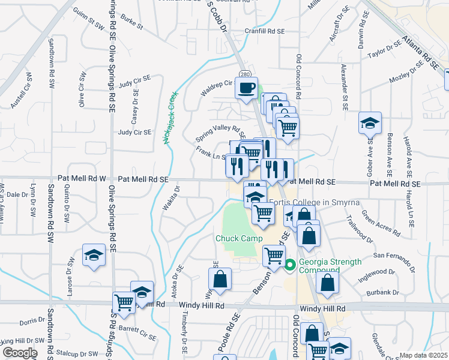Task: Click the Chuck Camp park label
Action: [239, 238]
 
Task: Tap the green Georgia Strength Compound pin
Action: [290, 263]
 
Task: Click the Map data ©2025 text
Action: [423, 355]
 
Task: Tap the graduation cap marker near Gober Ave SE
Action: [370, 124]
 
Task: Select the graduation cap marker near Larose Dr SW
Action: [93, 255]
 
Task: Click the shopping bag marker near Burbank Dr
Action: [327, 283]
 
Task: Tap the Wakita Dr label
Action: [171, 198]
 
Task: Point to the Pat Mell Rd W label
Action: [82, 179]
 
